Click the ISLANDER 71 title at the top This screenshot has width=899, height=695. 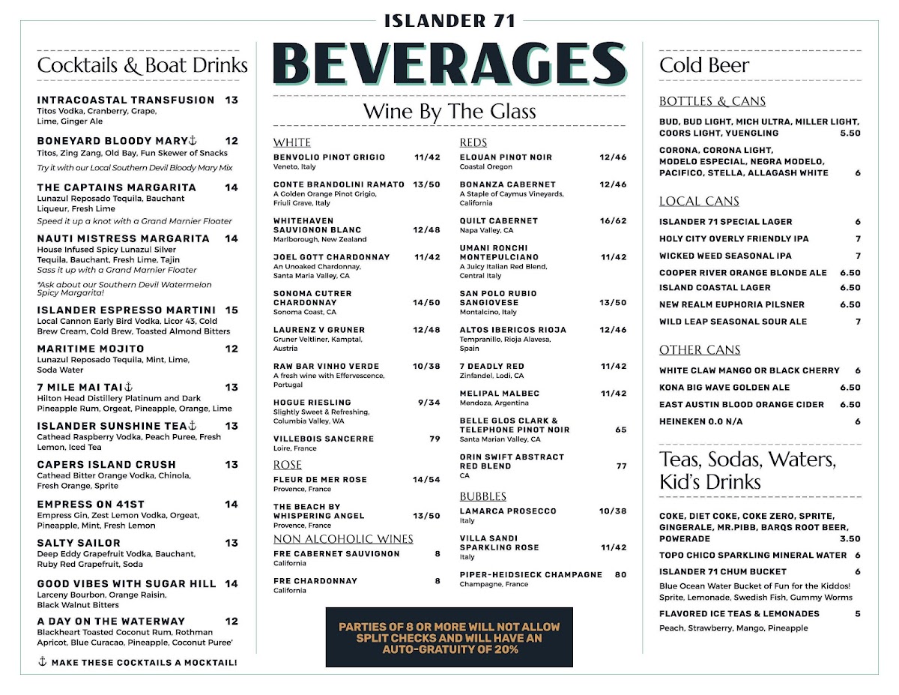tap(449, 20)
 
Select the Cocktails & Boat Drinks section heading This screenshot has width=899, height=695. tap(142, 65)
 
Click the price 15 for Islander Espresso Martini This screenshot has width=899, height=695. tap(231, 310)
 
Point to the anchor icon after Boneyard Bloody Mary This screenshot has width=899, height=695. tap(192, 140)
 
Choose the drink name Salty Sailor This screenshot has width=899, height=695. tap(78, 543)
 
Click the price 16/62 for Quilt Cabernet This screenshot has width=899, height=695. tap(613, 221)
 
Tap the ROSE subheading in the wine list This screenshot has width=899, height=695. tap(288, 465)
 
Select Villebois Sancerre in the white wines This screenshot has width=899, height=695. tap(324, 439)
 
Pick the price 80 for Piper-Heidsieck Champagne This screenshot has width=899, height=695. tap(620, 575)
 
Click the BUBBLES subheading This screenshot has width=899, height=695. tap(483, 496)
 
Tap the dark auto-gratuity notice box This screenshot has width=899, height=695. tap(449, 637)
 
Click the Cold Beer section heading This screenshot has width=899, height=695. tap(704, 65)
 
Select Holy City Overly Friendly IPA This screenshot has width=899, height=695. tap(733, 238)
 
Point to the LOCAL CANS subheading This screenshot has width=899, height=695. tap(699, 201)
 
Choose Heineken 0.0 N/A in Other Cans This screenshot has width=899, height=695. tap(700, 421)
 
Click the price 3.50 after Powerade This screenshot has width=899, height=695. tap(850, 538)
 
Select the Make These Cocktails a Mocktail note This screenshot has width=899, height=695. tap(138, 662)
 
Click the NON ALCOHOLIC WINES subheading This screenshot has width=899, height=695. tap(343, 538)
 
